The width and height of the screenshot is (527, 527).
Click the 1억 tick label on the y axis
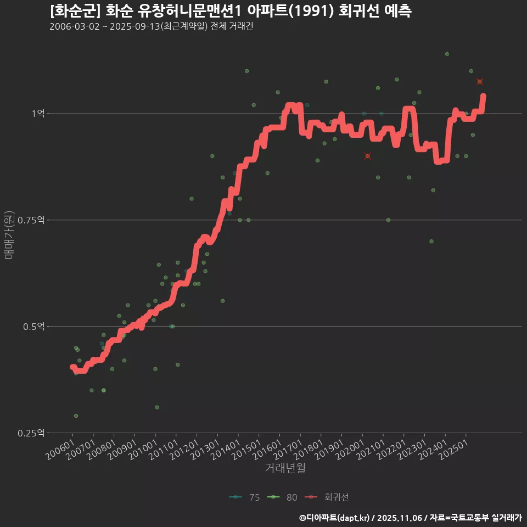[x=37, y=114]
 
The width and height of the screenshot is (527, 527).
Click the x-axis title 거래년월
[x=285, y=468]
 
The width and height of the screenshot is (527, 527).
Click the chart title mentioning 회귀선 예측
[x=230, y=11]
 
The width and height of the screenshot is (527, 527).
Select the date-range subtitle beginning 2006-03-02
[x=151, y=27]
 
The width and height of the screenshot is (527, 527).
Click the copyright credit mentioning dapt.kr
[x=410, y=517]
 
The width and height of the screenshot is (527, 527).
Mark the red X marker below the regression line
[x=368, y=156]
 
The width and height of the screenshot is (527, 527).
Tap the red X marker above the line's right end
[x=480, y=82]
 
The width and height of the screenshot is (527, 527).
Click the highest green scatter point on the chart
[x=447, y=54]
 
